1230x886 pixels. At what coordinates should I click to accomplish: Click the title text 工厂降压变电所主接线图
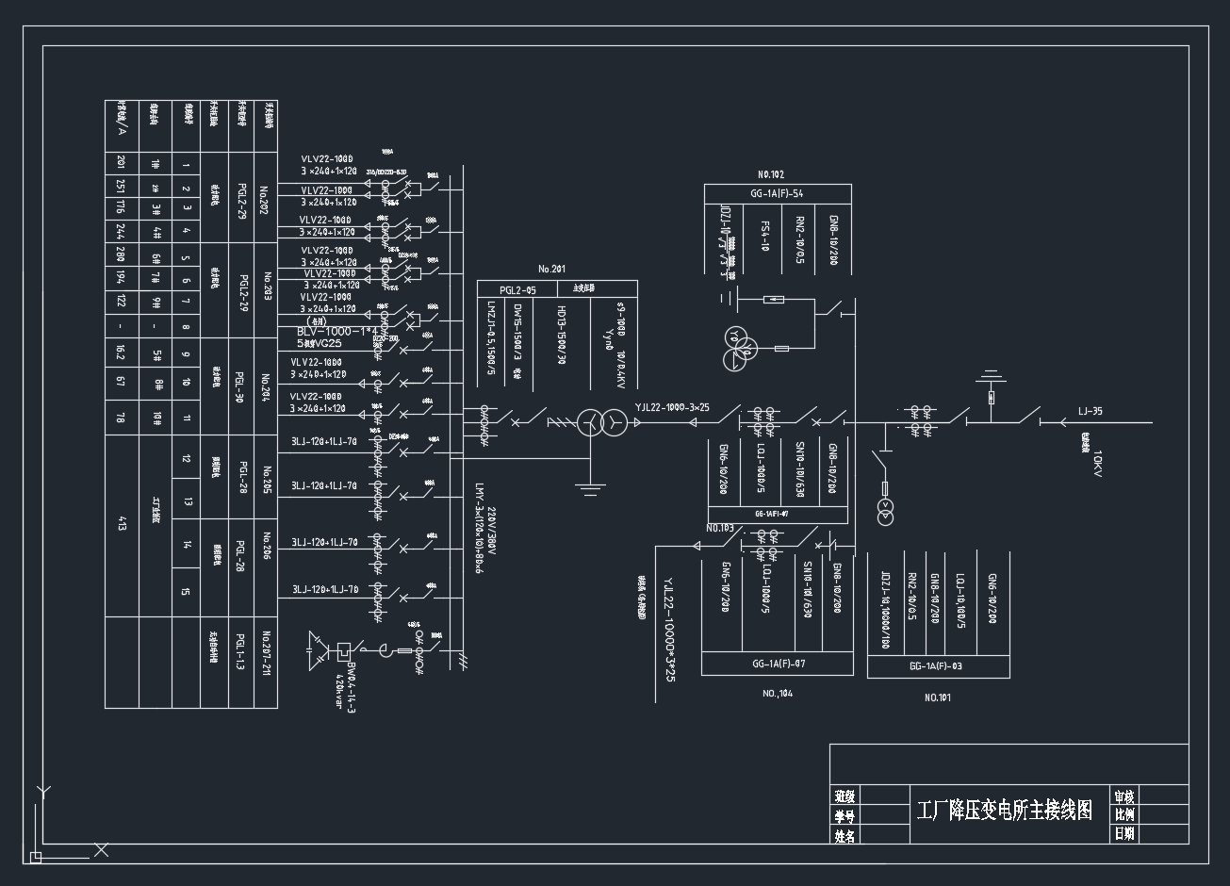click(1005, 810)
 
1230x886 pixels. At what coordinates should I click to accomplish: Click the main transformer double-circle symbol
click(602, 422)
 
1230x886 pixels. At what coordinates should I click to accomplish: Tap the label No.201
click(552, 270)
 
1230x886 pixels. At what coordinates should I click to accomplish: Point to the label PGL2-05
click(517, 290)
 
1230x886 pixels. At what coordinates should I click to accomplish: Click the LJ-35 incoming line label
click(1090, 411)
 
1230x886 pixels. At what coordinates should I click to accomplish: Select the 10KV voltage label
click(1097, 464)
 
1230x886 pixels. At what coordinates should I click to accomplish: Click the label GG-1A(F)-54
click(777, 193)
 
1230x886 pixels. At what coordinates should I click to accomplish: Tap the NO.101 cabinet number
click(938, 697)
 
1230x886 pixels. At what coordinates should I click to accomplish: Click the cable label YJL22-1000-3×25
click(672, 407)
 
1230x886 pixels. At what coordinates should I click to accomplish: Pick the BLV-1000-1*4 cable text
click(336, 332)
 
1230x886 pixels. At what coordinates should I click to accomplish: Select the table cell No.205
click(267, 480)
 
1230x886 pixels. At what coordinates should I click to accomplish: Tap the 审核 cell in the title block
click(1123, 796)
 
